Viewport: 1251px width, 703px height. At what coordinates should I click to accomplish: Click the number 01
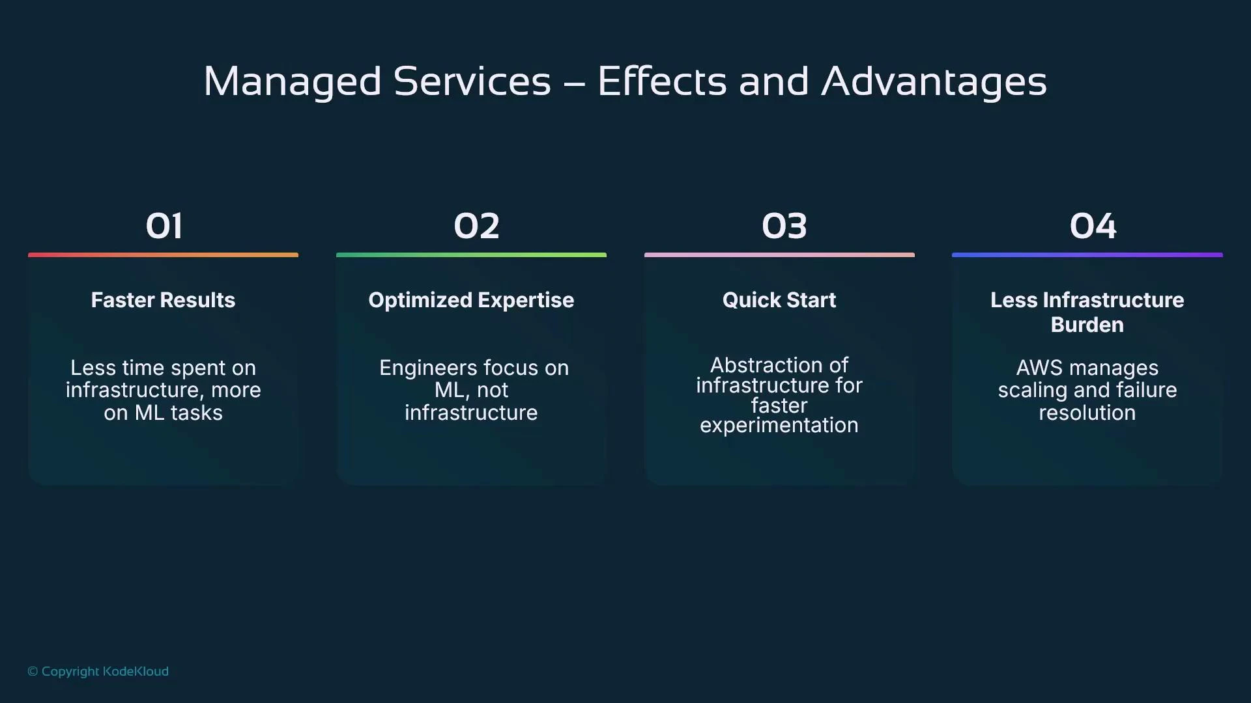coord(164,227)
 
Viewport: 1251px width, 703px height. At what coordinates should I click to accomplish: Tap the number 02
coord(476,227)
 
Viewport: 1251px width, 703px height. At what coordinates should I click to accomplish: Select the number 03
coord(784,227)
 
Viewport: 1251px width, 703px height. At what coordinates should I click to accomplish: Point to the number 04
coord(1093,227)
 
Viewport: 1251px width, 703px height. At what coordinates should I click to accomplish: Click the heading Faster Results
coord(163,300)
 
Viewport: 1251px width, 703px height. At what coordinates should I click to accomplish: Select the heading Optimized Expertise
coord(471,300)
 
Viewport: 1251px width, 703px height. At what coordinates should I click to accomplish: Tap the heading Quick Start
coord(779,300)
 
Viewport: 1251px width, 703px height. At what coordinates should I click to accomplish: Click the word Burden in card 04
coord(1087,325)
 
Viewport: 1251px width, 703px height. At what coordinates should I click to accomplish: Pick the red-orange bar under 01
coord(163,255)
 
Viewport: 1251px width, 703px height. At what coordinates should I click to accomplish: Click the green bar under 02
coord(471,255)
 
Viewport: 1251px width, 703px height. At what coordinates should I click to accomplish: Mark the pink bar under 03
coord(779,255)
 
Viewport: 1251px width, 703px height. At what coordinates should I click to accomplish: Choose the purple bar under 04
coord(1087,255)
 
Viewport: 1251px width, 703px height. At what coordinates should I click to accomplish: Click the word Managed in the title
coord(292,82)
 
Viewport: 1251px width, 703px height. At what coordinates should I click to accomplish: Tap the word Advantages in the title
coord(933,82)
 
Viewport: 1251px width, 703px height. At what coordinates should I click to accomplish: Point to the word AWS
coord(1039,368)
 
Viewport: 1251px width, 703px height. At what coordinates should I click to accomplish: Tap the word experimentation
coord(779,426)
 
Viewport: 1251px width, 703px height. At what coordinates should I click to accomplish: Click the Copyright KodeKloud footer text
coord(98,671)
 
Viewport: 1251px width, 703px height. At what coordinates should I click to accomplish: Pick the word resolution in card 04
coord(1087,413)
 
